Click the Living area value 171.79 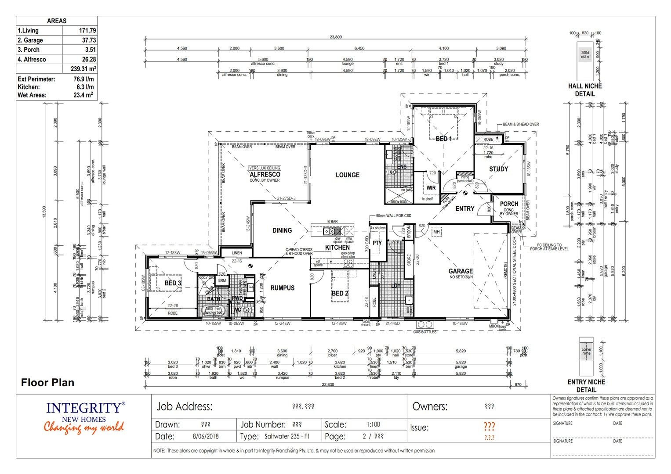pos(87,31)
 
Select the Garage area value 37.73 pos(88,40)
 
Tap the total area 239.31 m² pos(83,69)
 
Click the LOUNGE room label pos(347,175)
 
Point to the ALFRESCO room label pos(265,174)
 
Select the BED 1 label pos(443,139)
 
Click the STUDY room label pos(498,169)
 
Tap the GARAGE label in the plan pos(461,271)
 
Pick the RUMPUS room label pos(282,288)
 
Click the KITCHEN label pos(337,248)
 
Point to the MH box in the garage pos(436,232)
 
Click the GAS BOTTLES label pos(424,332)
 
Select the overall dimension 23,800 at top pos(335,37)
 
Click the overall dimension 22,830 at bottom pos(327,384)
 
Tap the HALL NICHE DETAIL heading pos(585,90)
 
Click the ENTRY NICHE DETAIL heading pos(586,386)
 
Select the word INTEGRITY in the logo pos(83,408)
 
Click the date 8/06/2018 pos(205,437)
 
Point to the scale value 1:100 pos(373,424)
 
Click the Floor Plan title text pos(47,383)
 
